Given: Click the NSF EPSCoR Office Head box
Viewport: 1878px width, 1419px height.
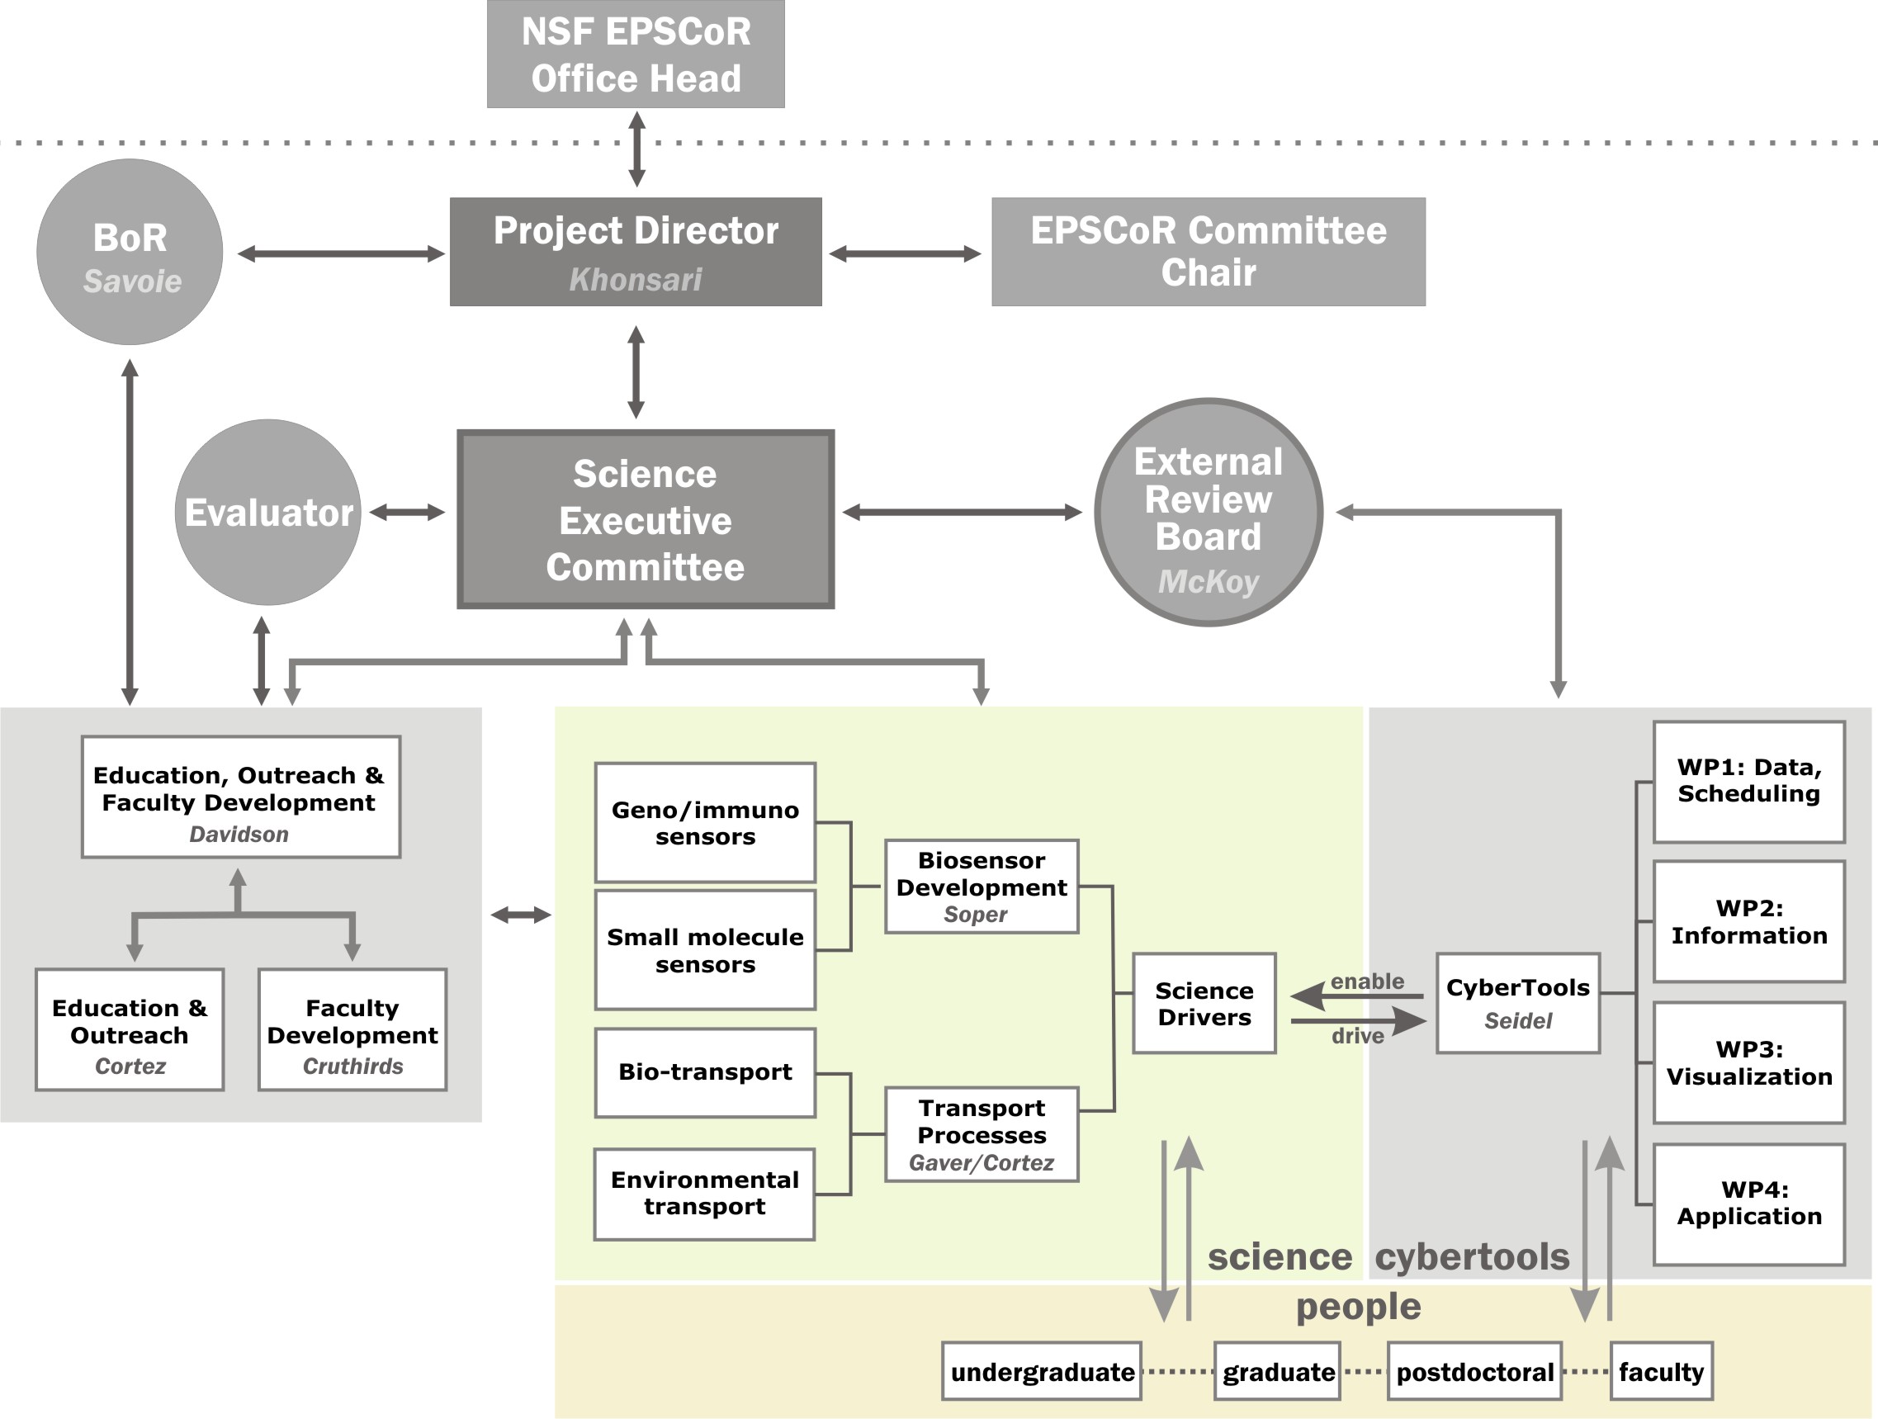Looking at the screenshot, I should click(x=635, y=54).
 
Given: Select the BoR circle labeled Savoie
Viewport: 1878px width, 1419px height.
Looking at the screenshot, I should click(x=130, y=253).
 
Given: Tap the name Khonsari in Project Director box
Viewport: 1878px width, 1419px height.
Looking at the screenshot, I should click(x=635, y=279).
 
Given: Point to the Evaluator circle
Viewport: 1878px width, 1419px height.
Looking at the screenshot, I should click(x=267, y=512).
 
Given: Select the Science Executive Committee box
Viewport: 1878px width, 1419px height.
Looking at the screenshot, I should click(x=646, y=520).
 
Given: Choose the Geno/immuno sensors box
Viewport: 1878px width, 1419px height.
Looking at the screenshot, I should click(x=705, y=822).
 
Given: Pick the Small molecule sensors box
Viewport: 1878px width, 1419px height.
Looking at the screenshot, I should click(x=705, y=949).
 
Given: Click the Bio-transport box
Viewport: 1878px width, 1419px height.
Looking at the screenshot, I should click(x=705, y=1071).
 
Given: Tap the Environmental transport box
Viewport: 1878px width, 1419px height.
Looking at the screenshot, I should click(x=704, y=1193).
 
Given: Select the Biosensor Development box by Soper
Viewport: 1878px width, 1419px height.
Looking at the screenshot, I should click(x=982, y=886).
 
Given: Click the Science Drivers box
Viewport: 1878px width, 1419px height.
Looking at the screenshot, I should click(x=1203, y=1003).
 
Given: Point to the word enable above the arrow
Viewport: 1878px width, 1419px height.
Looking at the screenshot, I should click(x=1366, y=981).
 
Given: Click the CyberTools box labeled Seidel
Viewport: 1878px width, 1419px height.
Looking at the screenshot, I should click(x=1517, y=1002).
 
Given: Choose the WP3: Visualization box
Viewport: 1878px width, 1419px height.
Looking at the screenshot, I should click(x=1748, y=1062).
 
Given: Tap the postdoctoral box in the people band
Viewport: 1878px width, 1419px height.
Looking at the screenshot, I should click(x=1474, y=1371).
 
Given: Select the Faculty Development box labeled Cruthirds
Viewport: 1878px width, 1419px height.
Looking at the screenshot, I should click(x=352, y=1029).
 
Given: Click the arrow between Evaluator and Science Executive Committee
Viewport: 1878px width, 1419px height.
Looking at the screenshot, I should click(x=408, y=512).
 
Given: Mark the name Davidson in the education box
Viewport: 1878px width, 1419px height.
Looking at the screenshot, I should click(x=239, y=834).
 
